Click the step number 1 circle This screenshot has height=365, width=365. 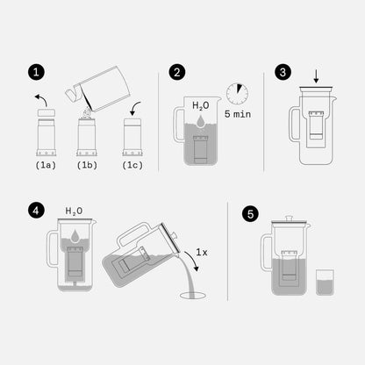coord(34,72)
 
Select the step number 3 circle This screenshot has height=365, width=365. coord(282,72)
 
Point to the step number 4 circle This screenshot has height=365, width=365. coord(34,210)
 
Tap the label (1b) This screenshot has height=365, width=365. coord(87,164)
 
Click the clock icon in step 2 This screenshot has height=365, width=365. coord(236,94)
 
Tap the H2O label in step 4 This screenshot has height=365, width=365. coord(75,211)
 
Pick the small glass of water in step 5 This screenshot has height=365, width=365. coord(324,282)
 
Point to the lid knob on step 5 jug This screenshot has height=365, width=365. coord(290,218)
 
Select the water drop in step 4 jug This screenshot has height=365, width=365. coord(75,233)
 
